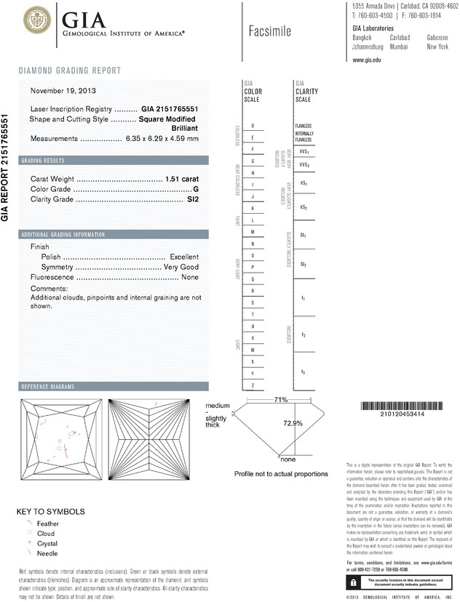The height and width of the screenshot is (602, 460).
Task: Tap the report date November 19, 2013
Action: point(63,91)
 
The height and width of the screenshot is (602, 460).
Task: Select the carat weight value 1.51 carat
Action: point(182,178)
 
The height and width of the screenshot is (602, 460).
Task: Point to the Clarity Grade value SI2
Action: point(193,198)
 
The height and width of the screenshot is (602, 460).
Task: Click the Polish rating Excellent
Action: point(184,257)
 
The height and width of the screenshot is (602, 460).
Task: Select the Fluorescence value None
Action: point(190,278)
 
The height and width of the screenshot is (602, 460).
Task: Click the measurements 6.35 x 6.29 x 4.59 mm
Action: point(162,138)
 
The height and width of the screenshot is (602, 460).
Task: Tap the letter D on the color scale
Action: point(252,126)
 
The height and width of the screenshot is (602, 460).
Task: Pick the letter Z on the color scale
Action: point(252,385)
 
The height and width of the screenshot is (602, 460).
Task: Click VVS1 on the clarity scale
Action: point(304,152)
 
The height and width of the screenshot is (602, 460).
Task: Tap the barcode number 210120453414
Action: point(402,414)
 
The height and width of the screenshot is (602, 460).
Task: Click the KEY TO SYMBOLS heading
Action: point(50,511)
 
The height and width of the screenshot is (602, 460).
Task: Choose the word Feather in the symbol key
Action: point(48,523)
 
